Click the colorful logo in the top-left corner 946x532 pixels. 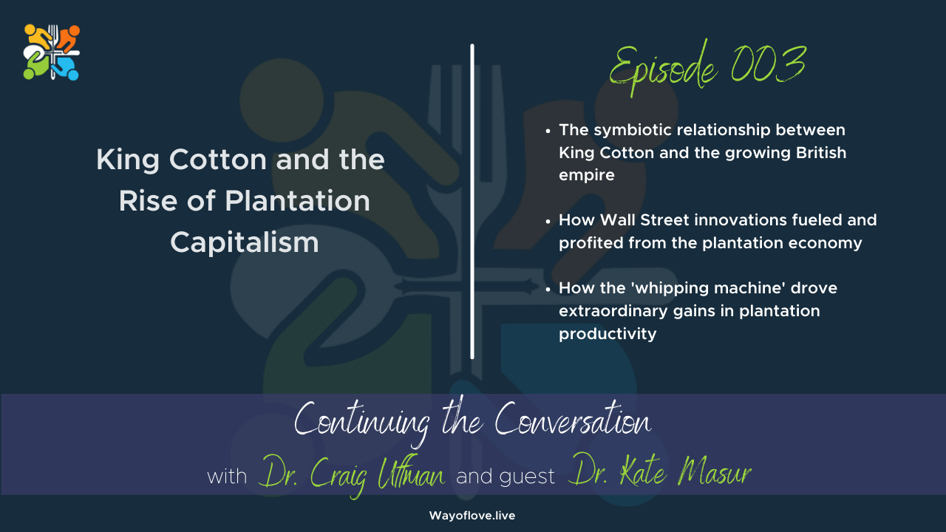click(52, 52)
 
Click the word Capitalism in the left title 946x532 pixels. click(245, 243)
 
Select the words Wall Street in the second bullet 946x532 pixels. click(633, 220)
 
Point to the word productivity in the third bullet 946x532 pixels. click(608, 334)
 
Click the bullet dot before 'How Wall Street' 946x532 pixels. click(548, 221)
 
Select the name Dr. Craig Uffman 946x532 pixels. click(352, 475)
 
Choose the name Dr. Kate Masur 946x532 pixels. click(659, 475)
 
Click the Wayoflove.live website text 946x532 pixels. click(472, 516)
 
